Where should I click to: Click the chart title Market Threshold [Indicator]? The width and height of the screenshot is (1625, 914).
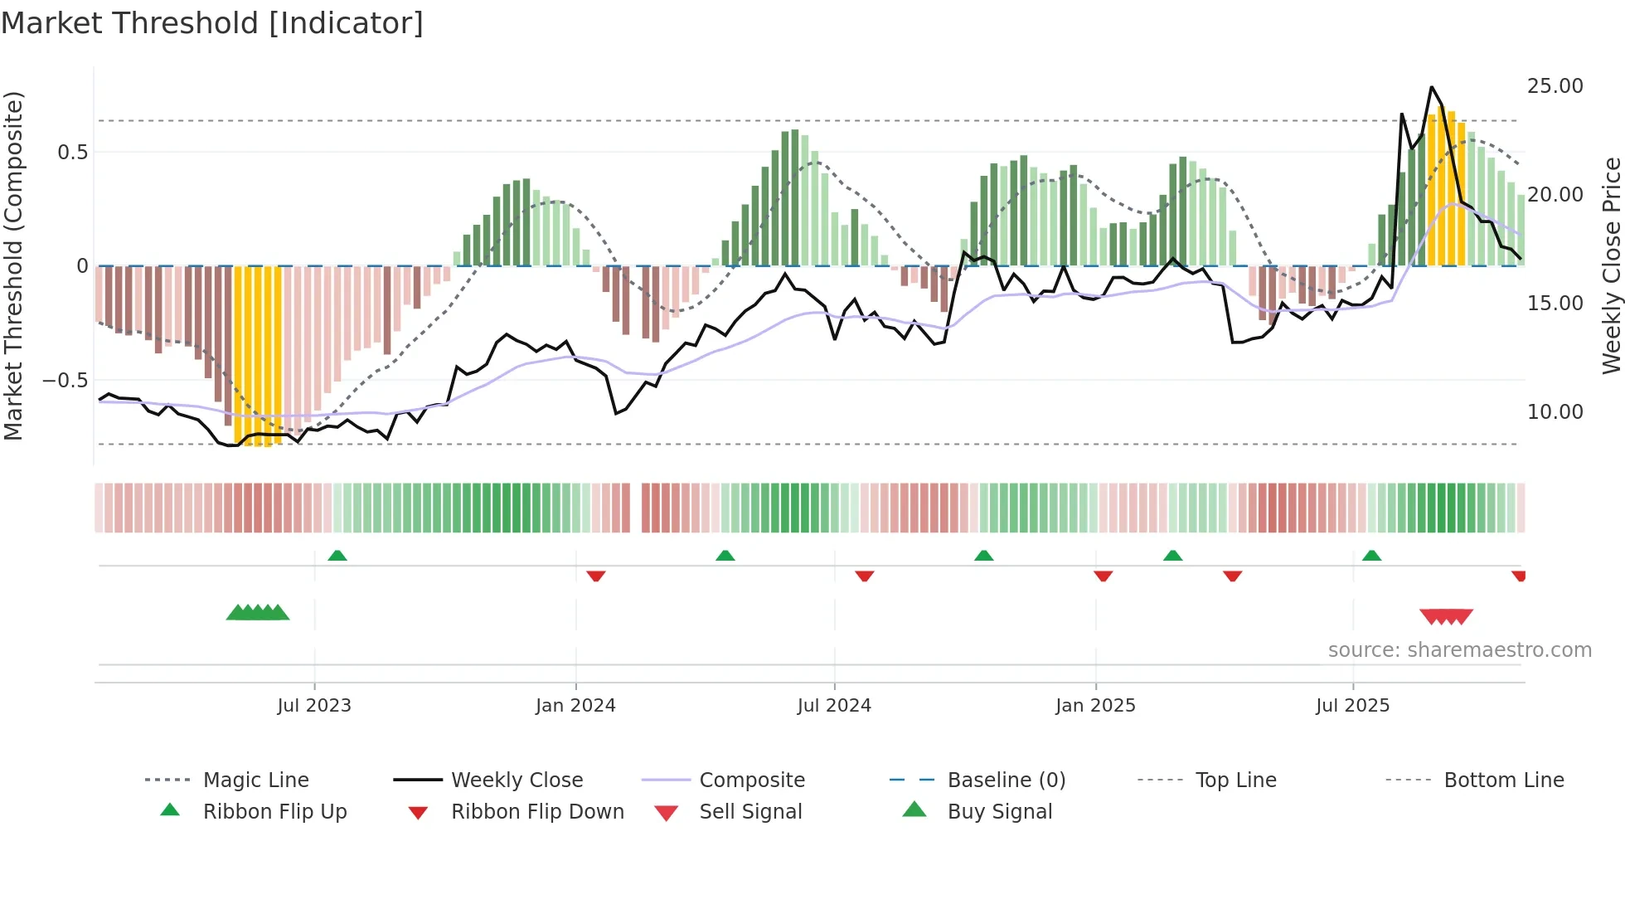[x=212, y=23]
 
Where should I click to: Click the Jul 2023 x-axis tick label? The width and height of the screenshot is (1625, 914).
[x=314, y=706]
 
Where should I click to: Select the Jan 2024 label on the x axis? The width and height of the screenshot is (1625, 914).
[x=575, y=706]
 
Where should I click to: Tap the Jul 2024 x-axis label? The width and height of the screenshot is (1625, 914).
[x=834, y=706]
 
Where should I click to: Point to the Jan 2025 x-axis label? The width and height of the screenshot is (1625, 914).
[x=1095, y=706]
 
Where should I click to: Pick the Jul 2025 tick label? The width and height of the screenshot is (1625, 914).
[x=1352, y=706]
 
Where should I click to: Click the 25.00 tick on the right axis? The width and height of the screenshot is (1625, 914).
[x=1555, y=86]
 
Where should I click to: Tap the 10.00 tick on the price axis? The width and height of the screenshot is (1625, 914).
[x=1555, y=412]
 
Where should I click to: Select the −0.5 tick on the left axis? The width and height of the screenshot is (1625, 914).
[x=65, y=381]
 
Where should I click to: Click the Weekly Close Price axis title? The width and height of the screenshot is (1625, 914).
[x=1611, y=265]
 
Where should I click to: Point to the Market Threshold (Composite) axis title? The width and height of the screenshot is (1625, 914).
[x=13, y=265]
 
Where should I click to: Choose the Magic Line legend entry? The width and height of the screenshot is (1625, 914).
[x=255, y=780]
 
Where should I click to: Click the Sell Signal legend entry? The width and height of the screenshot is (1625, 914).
[x=750, y=812]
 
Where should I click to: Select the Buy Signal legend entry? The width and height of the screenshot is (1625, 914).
[x=999, y=812]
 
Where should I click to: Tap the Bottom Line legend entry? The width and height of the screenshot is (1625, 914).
[x=1503, y=780]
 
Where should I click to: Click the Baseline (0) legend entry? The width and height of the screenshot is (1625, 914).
[x=1006, y=780]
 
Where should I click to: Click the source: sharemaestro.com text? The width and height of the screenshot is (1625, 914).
[x=1459, y=650]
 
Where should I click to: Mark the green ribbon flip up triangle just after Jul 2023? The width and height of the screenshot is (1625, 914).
[x=337, y=556]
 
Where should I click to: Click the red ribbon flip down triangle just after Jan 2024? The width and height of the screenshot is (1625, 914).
[x=595, y=576]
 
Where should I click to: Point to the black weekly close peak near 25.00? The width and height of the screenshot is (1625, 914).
[x=1432, y=87]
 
